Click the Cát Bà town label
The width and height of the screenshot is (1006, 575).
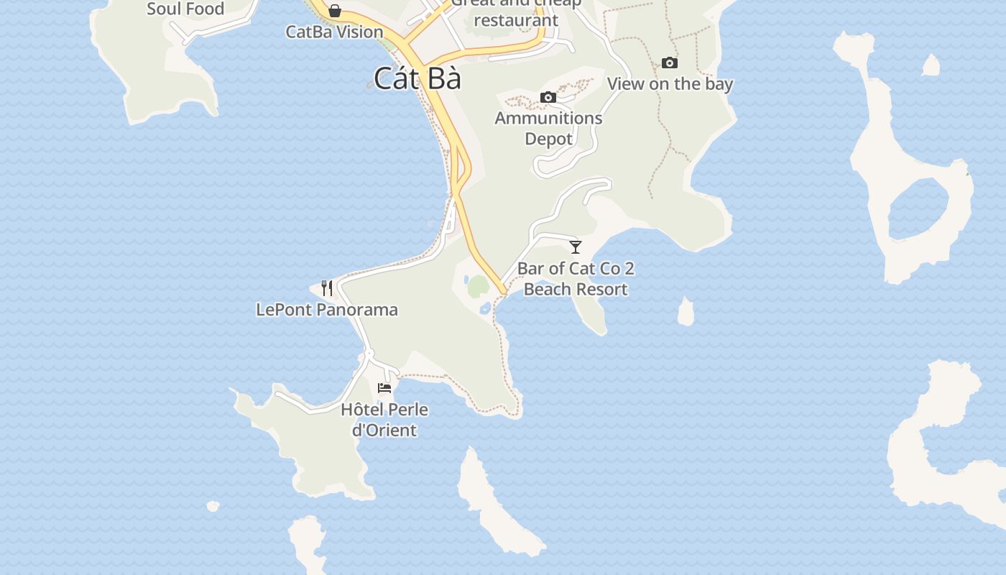417,78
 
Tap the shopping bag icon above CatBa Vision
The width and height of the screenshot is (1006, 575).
335,11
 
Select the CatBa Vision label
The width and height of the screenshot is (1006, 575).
334,32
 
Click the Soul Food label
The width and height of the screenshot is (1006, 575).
185,9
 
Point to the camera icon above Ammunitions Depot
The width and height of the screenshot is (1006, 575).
548,97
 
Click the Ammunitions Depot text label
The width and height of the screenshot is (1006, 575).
548,128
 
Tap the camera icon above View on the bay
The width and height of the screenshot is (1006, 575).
669,63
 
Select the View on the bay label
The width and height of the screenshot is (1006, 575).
670,83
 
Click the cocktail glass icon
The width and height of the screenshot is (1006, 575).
576,247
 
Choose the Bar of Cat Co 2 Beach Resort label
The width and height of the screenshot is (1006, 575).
576,279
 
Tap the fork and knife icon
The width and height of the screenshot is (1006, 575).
327,288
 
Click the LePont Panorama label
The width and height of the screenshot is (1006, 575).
327,310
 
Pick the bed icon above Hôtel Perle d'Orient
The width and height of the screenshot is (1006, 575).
384,388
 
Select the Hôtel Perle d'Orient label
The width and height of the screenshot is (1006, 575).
384,420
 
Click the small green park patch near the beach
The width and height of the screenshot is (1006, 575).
478,287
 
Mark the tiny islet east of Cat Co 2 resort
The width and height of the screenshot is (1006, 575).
686,312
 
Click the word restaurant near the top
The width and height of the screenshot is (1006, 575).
516,20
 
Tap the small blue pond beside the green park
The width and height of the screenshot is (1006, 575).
485,309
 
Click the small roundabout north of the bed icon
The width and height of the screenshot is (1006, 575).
369,353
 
